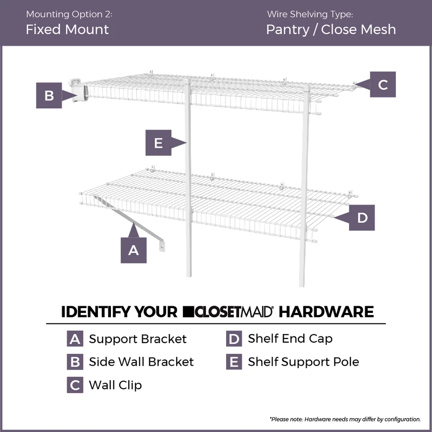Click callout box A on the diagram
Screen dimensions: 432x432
tap(133, 250)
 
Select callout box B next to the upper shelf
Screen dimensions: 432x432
tap(49, 95)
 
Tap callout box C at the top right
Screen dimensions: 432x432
tap(383, 84)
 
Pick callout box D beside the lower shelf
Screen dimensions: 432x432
tap(362, 218)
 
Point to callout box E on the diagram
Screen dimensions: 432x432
tap(158, 143)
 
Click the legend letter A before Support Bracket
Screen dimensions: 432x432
tap(75, 339)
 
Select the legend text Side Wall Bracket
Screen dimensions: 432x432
tap(141, 362)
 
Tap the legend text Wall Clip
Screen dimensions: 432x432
tap(115, 385)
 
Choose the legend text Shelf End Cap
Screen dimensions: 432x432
tap(290, 339)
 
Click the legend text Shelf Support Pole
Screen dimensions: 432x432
tap(303, 362)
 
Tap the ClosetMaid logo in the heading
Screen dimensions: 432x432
tap(228, 312)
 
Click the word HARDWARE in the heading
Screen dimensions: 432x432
tap(326, 312)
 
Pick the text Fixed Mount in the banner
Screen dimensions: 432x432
tap(67, 29)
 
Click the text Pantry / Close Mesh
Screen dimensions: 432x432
tap(331, 29)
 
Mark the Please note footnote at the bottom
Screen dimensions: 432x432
tap(345, 419)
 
